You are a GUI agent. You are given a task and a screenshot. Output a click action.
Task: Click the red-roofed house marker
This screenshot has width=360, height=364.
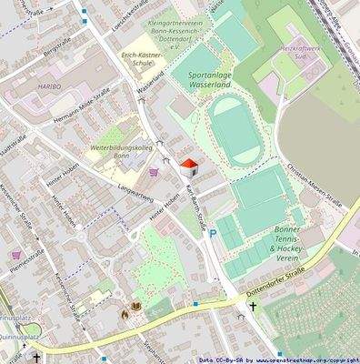click(x=189, y=167)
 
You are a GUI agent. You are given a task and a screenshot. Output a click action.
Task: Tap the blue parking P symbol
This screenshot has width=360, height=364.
click(x=213, y=234)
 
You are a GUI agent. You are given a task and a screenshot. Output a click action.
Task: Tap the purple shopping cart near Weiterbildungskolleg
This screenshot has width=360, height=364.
click(x=153, y=170)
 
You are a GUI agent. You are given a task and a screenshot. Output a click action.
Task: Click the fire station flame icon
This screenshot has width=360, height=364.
click(x=125, y=313)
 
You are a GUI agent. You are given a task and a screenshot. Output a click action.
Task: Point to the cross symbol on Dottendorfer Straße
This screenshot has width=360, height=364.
click(x=254, y=308)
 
